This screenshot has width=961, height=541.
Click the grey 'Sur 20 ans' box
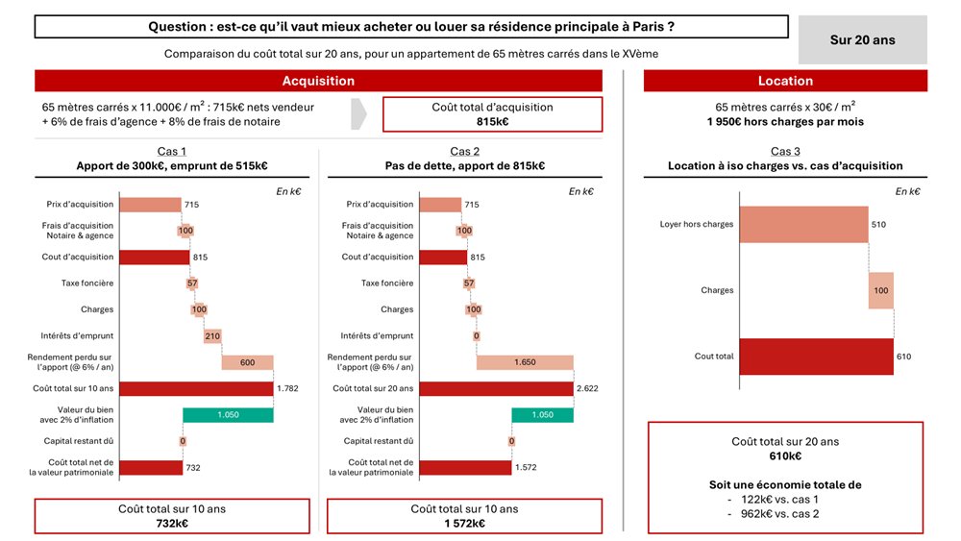[862, 40]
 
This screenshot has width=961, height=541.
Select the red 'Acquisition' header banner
[318, 82]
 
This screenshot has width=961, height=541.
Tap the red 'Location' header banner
[785, 82]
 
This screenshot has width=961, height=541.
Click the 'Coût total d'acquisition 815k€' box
[492, 114]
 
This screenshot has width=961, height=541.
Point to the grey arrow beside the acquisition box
[358, 113]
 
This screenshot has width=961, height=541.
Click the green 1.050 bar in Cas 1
[228, 415]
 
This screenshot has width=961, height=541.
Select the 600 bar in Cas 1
[247, 362]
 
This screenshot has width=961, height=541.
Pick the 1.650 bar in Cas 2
[525, 362]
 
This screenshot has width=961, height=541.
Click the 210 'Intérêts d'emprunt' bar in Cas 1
[212, 336]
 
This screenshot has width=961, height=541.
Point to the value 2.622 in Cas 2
[588, 389]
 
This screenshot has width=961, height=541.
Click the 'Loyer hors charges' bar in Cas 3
[803, 225]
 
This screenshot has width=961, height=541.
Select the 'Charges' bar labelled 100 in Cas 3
[880, 290]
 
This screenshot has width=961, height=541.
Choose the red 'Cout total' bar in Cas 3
[816, 357]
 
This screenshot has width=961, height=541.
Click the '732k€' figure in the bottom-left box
[172, 524]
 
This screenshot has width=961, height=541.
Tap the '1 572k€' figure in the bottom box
[464, 524]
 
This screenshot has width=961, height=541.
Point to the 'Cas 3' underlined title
[785, 152]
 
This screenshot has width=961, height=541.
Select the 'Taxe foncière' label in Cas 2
[387, 283]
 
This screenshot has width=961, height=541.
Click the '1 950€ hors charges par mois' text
[785, 122]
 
